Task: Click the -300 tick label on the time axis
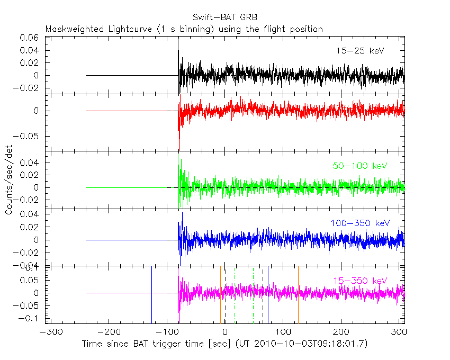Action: tap(49, 332)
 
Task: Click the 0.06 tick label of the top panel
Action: tap(29, 38)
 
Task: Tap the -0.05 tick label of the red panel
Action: tap(27, 136)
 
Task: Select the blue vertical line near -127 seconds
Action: tap(152, 294)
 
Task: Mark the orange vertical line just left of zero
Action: tap(220, 294)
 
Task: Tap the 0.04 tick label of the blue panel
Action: tap(29, 214)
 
